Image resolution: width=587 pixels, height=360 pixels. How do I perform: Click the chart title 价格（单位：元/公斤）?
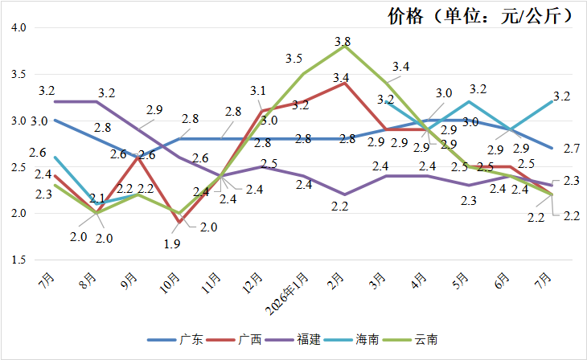480,16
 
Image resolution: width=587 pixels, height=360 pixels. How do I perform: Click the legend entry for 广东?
175,339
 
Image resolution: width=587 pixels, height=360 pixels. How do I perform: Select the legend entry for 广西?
234,339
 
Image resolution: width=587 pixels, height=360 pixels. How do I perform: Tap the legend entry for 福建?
293,339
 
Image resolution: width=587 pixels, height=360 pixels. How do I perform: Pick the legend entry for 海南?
351,339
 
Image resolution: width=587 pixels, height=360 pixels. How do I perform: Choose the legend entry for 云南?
410,339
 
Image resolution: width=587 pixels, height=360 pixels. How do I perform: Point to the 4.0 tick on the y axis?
18,27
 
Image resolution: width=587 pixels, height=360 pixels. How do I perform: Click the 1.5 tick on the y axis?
18,260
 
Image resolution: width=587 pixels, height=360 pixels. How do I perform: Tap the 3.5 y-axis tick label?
18,74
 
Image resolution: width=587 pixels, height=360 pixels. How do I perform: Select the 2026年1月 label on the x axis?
287,294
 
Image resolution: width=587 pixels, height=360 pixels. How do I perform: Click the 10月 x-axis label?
170,283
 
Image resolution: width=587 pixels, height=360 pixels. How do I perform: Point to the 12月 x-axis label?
252,283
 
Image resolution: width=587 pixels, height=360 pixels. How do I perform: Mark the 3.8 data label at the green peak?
343,41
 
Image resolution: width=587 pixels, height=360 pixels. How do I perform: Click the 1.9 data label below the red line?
172,244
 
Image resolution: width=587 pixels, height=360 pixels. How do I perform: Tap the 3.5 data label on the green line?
293,59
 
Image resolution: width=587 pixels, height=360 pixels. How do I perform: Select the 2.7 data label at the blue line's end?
572,149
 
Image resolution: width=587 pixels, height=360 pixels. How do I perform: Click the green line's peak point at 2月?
344,47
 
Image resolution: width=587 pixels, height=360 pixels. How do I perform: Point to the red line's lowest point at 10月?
179,223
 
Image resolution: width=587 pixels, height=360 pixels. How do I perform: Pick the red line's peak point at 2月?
344,83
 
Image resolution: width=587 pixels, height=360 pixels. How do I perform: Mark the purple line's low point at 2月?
344,194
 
